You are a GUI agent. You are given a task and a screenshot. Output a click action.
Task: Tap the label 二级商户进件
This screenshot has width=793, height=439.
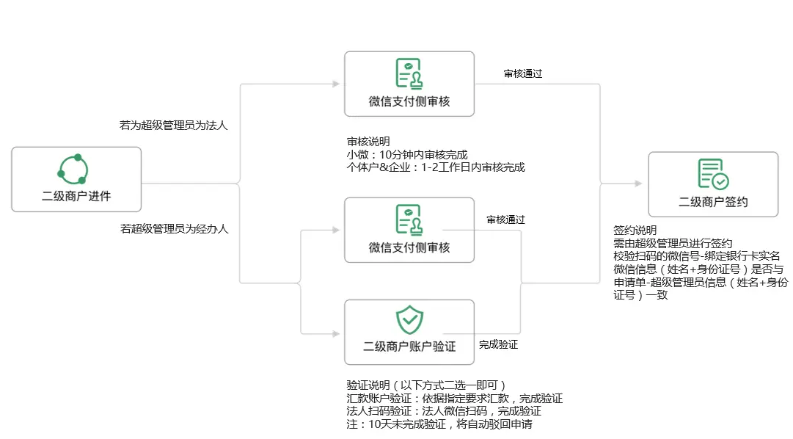[76, 197]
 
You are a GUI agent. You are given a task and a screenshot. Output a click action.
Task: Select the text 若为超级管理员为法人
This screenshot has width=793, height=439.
[173, 126]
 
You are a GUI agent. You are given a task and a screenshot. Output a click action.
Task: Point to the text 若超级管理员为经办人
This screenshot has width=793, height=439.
[175, 229]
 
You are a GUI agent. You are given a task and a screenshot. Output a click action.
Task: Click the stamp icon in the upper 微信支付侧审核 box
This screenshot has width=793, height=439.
[409, 74]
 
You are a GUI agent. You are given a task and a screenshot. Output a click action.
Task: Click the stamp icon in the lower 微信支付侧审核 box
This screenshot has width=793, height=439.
[409, 219]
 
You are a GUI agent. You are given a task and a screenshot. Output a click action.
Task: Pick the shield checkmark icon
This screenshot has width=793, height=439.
[409, 319]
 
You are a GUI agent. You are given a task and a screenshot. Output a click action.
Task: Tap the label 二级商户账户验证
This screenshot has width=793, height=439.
[409, 347]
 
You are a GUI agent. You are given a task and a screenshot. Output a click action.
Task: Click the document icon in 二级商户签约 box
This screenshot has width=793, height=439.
[713, 174]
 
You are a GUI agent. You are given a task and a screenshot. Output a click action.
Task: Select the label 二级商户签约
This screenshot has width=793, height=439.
[713, 202]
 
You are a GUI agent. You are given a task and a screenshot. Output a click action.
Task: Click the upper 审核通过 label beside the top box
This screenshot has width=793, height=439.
[523, 74]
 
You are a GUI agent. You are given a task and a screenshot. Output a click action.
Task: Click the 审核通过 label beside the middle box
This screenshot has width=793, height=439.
[505, 219]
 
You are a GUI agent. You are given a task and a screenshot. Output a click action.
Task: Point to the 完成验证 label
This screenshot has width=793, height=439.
[499, 345]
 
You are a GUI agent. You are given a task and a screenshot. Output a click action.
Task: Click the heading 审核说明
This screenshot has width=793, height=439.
[368, 141]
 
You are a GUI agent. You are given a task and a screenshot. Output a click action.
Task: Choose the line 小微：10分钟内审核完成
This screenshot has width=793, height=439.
[407, 154]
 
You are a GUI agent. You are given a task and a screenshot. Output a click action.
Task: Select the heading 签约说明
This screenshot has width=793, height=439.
[635, 231]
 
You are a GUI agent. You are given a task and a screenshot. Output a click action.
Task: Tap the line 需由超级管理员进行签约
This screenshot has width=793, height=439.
[673, 244]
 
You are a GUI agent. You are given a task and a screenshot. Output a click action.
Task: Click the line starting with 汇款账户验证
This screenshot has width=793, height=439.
[455, 399]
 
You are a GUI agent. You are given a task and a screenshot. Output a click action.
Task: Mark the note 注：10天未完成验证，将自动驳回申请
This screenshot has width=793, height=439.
[439, 424]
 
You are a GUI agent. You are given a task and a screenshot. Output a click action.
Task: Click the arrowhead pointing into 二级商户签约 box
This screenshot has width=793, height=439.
[638, 184]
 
